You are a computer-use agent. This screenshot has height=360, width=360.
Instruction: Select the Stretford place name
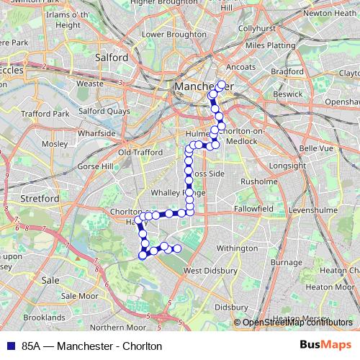click(40, 198)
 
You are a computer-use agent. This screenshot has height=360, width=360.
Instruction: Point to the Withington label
click(237, 248)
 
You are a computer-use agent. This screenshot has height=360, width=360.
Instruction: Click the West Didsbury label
click(211, 271)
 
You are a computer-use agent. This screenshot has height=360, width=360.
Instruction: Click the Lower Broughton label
click(164, 34)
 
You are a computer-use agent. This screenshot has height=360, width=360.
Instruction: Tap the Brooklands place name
click(44, 317)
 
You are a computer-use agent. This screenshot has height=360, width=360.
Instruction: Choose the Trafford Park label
click(45, 114)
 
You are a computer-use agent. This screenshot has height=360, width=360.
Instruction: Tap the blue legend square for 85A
click(9, 346)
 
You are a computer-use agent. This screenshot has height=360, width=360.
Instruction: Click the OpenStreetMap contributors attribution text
click(298, 323)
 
